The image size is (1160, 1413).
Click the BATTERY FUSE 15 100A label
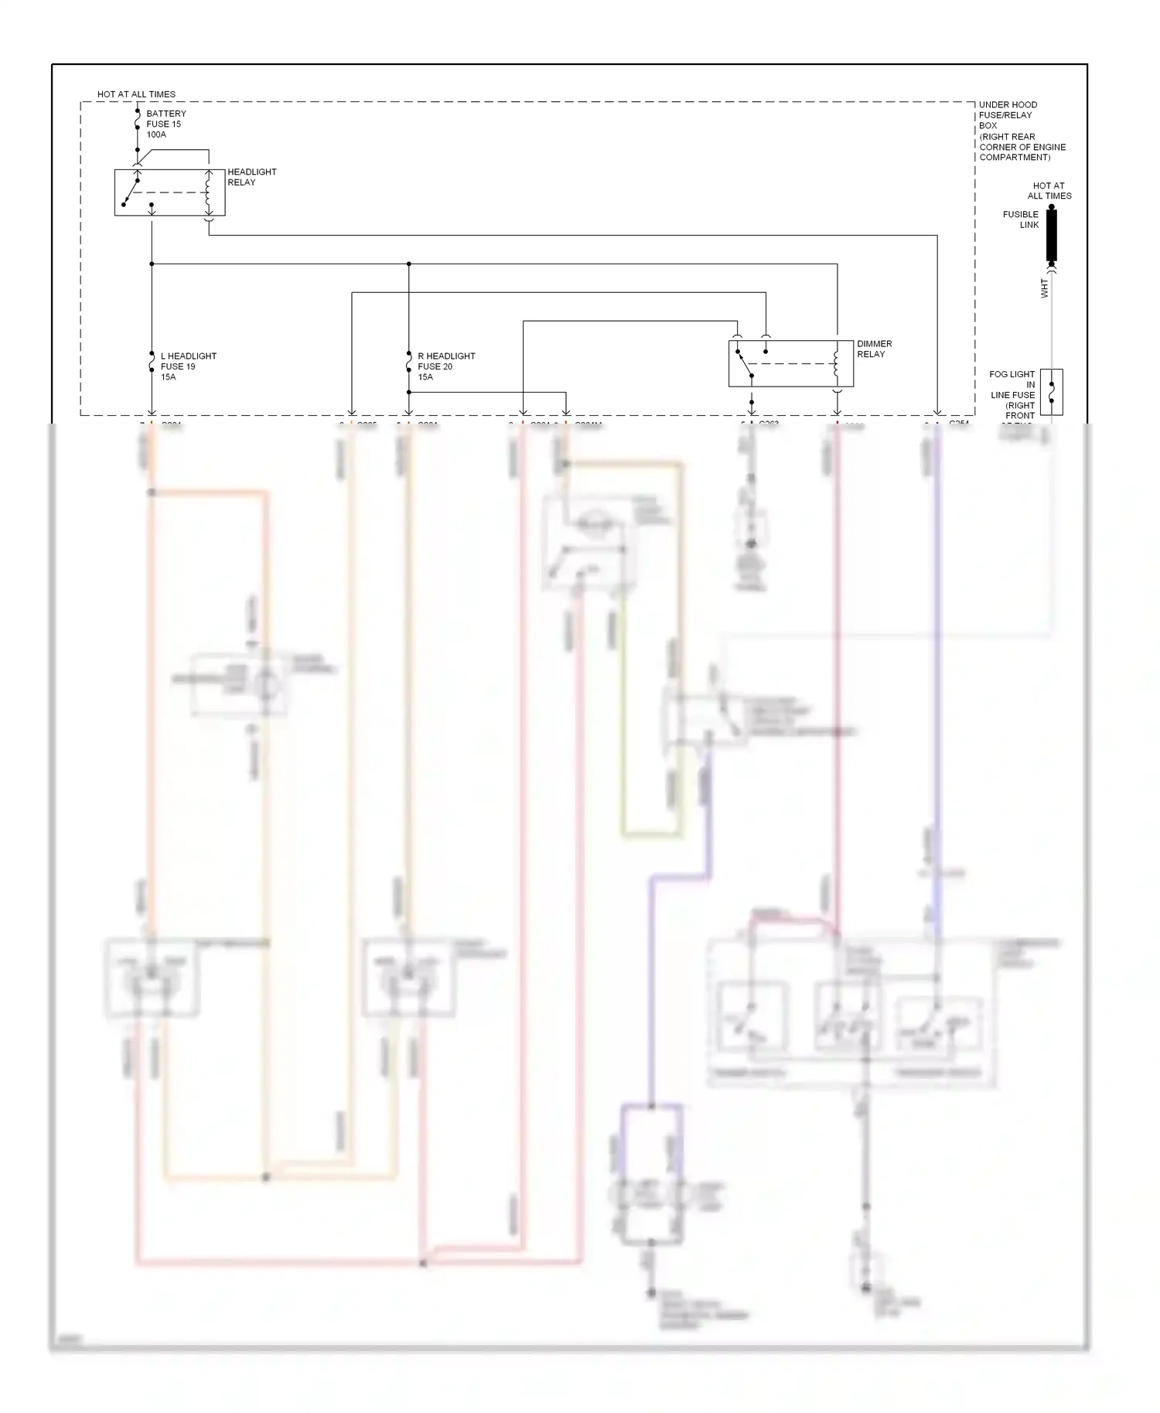pos(165,124)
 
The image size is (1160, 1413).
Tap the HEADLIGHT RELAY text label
pos(251,177)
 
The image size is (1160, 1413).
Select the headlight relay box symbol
pos(169,192)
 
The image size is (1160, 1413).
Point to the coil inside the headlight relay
pos(207,192)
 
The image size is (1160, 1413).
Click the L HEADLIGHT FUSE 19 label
pos(188,366)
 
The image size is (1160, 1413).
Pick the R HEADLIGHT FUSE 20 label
pos(445,366)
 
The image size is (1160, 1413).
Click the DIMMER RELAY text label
pos(874,349)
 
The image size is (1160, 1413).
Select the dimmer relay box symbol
pos(790,363)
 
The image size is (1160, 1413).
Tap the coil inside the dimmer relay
pos(836,363)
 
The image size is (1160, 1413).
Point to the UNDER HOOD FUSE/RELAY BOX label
pos(1021,131)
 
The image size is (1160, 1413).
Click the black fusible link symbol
pos(1051,236)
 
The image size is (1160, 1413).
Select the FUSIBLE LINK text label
pos(1021,220)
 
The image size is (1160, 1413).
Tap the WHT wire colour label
pos(1045,289)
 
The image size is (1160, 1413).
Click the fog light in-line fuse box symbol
pos(1051,392)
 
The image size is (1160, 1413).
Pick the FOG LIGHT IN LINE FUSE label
pos(1013,394)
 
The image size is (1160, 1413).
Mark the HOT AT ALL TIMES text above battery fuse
pos(136,94)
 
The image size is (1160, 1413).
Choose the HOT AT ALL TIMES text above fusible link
pos(1049,191)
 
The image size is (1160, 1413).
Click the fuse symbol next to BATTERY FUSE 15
pos(138,124)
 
